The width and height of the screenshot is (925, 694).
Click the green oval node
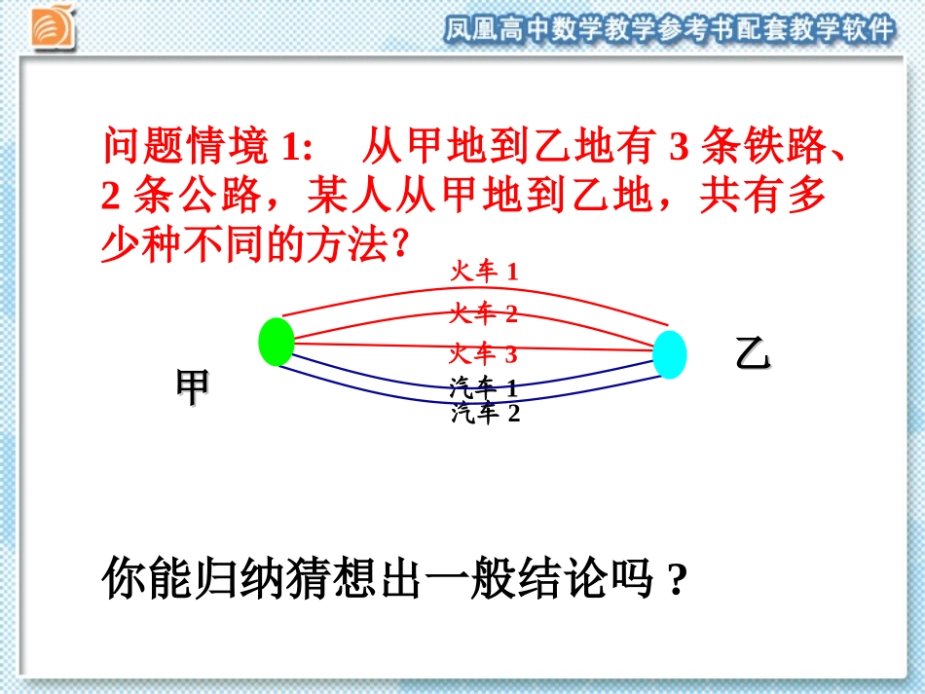tap(277, 342)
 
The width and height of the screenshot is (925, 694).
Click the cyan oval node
tap(669, 354)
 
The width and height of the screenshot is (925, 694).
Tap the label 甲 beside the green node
tap(192, 387)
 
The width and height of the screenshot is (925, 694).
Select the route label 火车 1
tap(484, 272)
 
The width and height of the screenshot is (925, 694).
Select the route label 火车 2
tap(484, 313)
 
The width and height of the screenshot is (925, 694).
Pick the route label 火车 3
tap(484, 353)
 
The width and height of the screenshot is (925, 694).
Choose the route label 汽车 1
tap(484, 389)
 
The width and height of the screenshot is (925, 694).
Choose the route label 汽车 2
tap(486, 414)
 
